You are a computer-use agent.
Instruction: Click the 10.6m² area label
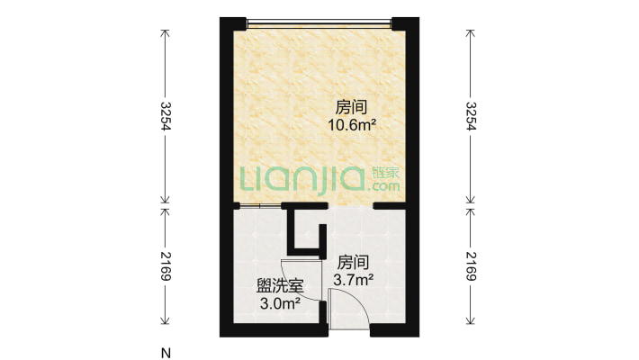(350, 127)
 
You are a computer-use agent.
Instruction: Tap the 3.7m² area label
(353, 281)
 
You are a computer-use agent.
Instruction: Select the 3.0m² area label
(279, 303)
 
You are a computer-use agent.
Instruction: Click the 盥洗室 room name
(279, 287)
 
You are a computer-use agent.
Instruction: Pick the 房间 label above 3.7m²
(353, 263)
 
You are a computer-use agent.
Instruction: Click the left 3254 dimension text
(166, 115)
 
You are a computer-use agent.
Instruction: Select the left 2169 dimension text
(166, 265)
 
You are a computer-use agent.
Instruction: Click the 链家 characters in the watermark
(384, 172)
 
